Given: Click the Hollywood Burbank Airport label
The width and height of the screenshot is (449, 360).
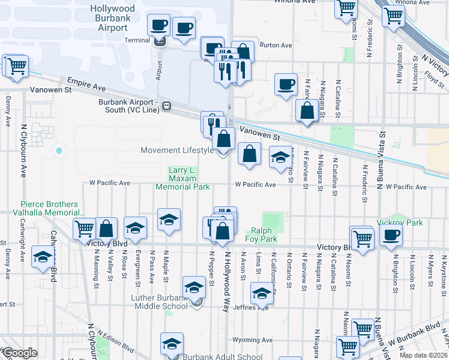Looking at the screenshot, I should (112, 18).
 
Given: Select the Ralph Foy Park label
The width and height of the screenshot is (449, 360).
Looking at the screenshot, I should (264, 235).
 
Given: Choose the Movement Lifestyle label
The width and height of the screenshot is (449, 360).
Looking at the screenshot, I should (176, 150).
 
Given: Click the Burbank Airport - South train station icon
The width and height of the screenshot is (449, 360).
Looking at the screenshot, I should (167, 106).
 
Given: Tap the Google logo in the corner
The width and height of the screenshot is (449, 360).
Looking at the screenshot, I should (20, 353).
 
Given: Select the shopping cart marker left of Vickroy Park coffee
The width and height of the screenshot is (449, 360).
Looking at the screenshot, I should (362, 237).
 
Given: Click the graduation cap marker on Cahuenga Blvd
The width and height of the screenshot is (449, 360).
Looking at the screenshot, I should (43, 257).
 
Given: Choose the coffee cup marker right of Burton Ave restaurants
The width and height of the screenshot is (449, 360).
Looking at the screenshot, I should (286, 83).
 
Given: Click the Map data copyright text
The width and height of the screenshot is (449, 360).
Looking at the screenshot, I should (423, 355).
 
